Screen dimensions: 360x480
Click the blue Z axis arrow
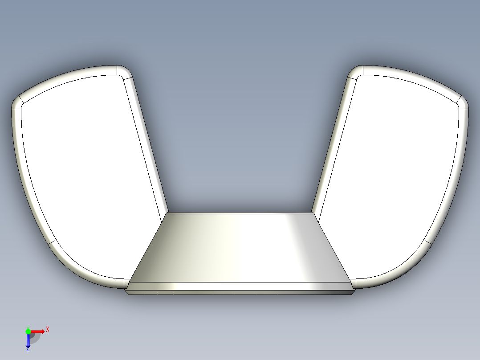28,340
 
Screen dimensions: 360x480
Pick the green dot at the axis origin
28,331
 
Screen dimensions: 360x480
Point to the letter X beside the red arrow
47,329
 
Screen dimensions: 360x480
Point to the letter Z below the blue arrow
28,349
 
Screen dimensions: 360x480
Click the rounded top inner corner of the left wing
125,71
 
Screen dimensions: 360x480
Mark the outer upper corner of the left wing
17,102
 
